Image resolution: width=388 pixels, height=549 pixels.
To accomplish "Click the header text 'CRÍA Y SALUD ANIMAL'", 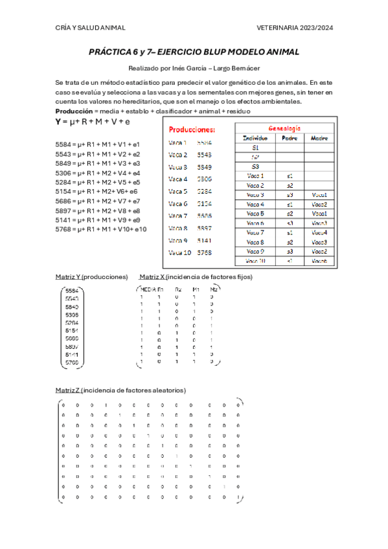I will tap(90, 28).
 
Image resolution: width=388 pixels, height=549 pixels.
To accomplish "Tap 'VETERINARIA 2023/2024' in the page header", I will tap(295, 28).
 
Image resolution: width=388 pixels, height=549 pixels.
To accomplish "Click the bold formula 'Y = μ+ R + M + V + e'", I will tap(93, 121).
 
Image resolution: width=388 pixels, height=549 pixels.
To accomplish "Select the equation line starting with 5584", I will tap(97, 144).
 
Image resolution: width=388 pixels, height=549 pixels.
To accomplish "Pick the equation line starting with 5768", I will tap(100, 229).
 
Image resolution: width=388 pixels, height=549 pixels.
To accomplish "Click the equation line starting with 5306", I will tap(97, 173).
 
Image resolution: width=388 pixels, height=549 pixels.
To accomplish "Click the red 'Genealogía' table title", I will tap(284, 128).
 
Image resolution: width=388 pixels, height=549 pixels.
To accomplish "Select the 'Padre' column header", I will tap(289, 138).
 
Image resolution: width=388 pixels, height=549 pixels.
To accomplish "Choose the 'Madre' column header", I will tap(319, 138).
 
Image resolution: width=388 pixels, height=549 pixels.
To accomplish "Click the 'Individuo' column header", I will tap(255, 138).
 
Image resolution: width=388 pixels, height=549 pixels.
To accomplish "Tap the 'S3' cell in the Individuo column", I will tap(255, 166).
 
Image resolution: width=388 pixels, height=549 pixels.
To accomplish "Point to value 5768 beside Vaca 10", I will tap(204, 252).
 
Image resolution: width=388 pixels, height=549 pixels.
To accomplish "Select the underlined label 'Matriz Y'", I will tap(67, 276).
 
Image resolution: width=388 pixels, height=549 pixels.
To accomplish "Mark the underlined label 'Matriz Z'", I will tap(67, 390).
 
